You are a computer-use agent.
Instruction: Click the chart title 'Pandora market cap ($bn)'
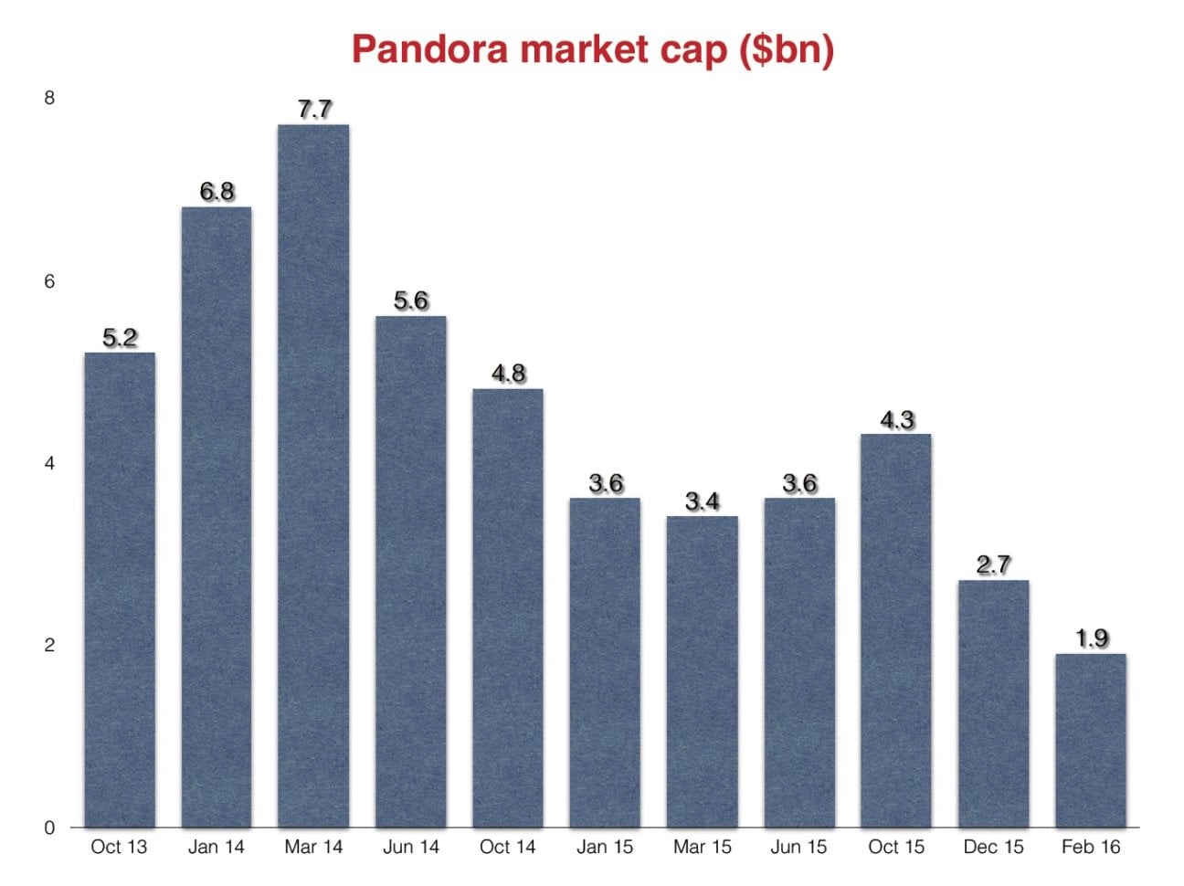[x=592, y=48]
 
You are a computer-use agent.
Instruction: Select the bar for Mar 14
[x=313, y=475]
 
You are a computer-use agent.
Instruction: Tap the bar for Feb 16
[x=1091, y=740]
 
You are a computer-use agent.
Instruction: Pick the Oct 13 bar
[x=120, y=589]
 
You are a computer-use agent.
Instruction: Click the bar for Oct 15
[x=896, y=630]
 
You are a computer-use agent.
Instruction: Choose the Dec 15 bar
[x=994, y=703]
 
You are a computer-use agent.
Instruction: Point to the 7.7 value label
[x=314, y=110]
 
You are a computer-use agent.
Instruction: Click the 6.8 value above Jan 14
[x=217, y=192]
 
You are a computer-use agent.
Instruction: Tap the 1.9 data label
[x=1092, y=638]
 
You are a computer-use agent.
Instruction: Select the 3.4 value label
[x=703, y=501]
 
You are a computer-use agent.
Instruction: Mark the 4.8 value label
[x=508, y=374]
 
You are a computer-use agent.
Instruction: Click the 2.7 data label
[x=994, y=565]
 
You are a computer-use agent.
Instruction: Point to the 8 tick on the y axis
[x=49, y=98]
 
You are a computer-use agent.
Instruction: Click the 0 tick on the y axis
[x=49, y=828]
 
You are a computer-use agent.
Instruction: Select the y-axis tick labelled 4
[x=49, y=463]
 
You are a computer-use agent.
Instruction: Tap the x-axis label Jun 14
[x=411, y=847]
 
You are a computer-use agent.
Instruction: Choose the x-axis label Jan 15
[x=605, y=847]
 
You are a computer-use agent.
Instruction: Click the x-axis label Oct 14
[x=508, y=847]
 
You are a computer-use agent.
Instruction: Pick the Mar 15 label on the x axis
[x=703, y=847]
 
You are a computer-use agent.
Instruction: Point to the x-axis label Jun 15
[x=798, y=847]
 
